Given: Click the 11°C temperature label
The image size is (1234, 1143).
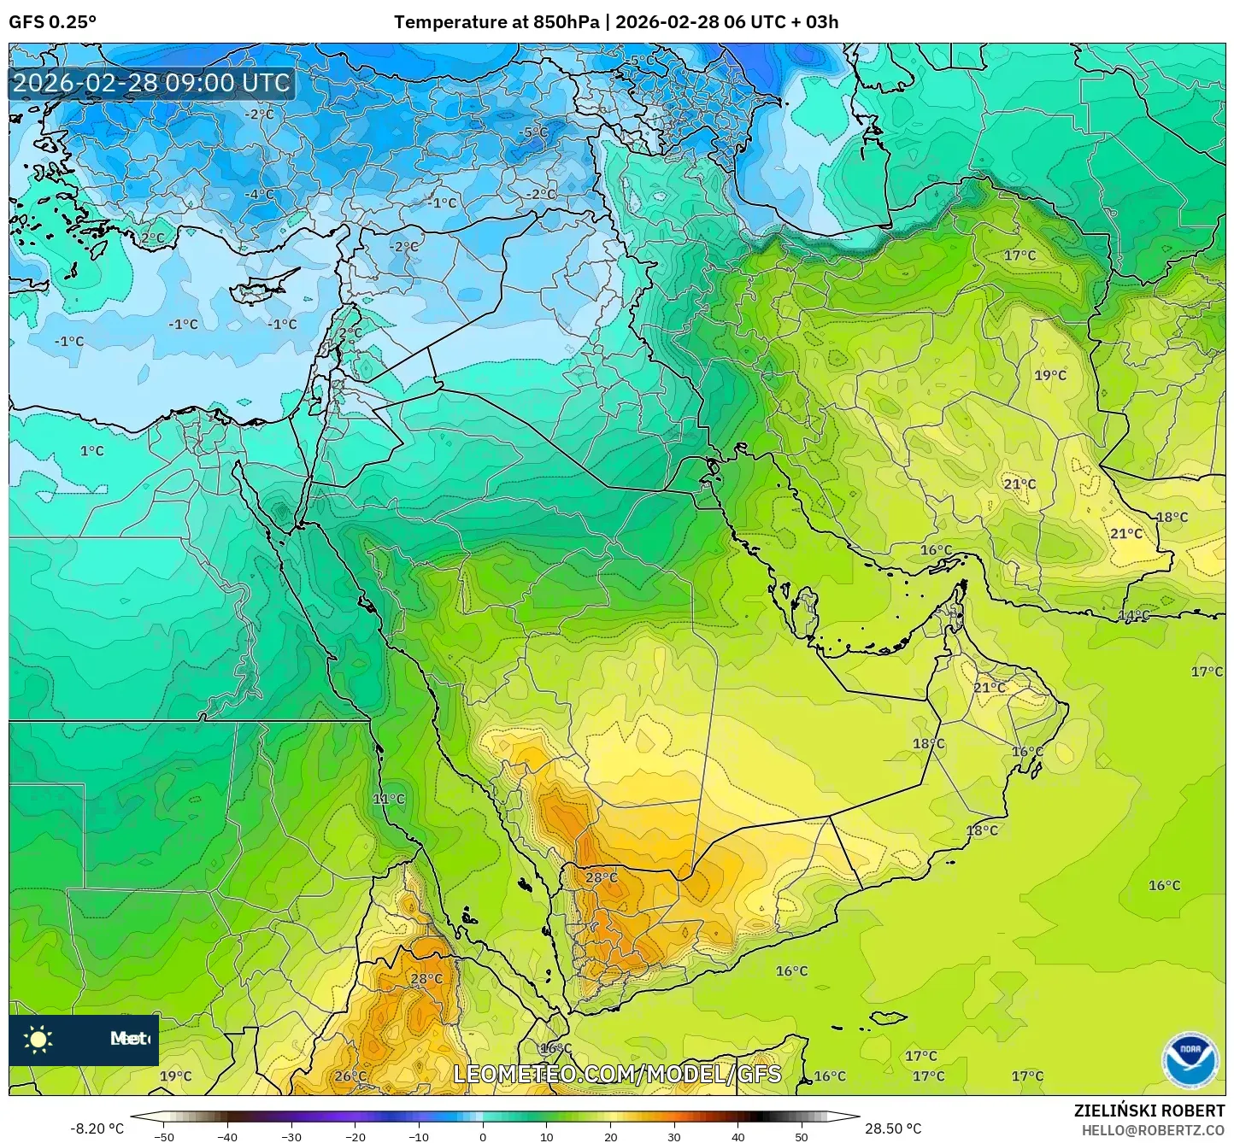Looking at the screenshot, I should point(389,799).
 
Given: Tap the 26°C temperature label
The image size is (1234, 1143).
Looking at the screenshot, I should point(350,1076).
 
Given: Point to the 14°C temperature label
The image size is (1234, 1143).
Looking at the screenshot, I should point(1134,615).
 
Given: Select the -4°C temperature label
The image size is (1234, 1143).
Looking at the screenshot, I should point(259,194).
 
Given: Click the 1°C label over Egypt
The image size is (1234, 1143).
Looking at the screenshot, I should point(92,450).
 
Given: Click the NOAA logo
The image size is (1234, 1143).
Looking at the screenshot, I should point(1190,1060).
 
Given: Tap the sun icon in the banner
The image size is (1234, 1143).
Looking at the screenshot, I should point(38,1039).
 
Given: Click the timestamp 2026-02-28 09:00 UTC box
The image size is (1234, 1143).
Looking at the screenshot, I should point(151,83).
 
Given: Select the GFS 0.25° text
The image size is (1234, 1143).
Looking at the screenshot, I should point(53,22).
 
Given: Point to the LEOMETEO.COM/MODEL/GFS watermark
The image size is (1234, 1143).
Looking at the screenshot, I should point(616,1074).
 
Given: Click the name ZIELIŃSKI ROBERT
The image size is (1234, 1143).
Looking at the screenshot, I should point(1149,1111).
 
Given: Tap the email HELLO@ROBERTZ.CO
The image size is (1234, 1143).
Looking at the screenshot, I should point(1153,1130).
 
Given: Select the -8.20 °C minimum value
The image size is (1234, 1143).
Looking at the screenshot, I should point(97,1128).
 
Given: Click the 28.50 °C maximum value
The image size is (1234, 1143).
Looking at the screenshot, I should point(893,1128).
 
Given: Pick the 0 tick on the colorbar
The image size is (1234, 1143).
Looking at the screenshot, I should point(483,1136).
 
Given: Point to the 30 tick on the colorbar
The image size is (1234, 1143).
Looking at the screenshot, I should point(674,1136).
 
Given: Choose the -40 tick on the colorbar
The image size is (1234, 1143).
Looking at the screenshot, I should point(227,1136).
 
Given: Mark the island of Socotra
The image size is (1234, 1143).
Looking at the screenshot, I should point(889,1018).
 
